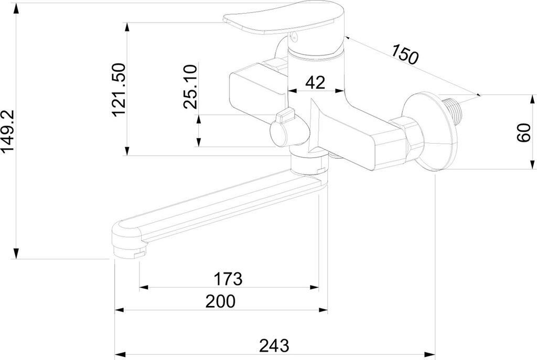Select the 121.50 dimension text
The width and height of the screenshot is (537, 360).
pos(119,89)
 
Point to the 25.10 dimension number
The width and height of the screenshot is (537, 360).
pos(190,86)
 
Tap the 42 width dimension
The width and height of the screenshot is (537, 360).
pos(315,82)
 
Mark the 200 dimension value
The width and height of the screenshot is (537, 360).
pos(221,301)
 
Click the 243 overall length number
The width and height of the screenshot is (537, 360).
pos(274,345)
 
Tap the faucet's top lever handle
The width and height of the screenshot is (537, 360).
pos(278,22)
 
